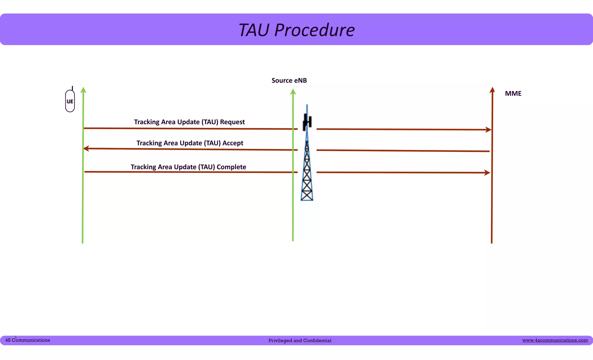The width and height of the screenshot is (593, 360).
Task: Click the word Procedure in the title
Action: pos(314,30)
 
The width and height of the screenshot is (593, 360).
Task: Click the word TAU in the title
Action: pos(254,30)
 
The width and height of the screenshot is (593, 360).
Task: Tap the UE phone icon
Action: pos(70,101)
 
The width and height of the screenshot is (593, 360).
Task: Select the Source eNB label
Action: pos(289,81)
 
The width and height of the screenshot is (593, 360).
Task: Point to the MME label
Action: pos(513,94)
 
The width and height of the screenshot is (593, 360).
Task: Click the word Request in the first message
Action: pos(232,122)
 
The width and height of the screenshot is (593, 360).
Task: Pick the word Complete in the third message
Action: pos(231,167)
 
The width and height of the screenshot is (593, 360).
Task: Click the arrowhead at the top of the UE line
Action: pos(83,90)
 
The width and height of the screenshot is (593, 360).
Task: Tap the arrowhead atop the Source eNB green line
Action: pos(293,92)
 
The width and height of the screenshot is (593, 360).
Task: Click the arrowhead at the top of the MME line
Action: pos(492,90)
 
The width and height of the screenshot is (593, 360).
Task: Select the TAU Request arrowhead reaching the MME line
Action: pos(488,130)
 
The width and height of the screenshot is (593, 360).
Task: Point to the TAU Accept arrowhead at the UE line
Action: pos(86,149)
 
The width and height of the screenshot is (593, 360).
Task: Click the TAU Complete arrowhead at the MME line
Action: pos(487,173)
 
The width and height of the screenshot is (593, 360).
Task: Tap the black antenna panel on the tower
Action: pos(307,122)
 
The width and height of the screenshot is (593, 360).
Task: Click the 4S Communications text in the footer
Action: pos(28,340)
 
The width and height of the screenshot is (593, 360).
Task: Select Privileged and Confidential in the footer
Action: pos(300,341)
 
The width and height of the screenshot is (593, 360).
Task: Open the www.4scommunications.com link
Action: pos(555,340)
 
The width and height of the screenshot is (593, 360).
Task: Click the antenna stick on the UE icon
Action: pos(72,88)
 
